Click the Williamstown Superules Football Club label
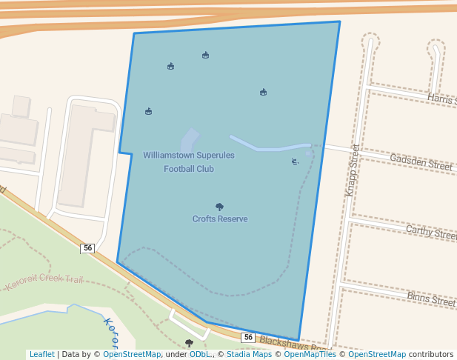pos(188,162)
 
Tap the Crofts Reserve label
pos(220,219)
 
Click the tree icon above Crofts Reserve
pos(219,207)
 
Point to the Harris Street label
pos(441,99)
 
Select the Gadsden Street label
pos(421,162)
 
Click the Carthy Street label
pos(430,233)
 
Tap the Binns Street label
pos(430,299)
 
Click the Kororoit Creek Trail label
pos(44,282)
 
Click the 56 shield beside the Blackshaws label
pos(248,338)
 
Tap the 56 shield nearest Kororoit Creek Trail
pos(87,248)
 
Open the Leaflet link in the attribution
pos(41,355)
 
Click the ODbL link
pos(200,355)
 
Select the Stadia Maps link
pos(249,355)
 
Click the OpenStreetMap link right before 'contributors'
pos(377,355)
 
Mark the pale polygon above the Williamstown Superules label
pos(190,141)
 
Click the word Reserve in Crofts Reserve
pos(233,219)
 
